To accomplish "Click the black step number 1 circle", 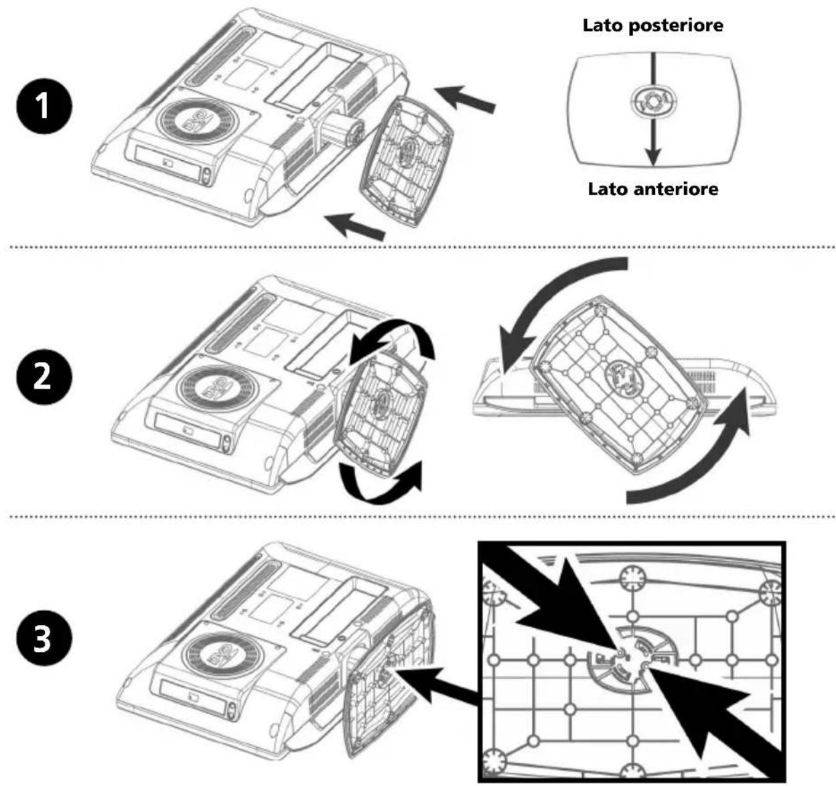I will pyautogui.click(x=43, y=107).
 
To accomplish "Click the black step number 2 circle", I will pyautogui.click(x=43, y=377).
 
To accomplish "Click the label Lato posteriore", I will pyautogui.click(x=652, y=26).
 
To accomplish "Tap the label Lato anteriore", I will pyautogui.click(x=652, y=189).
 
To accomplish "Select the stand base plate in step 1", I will pyautogui.click(x=405, y=161).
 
